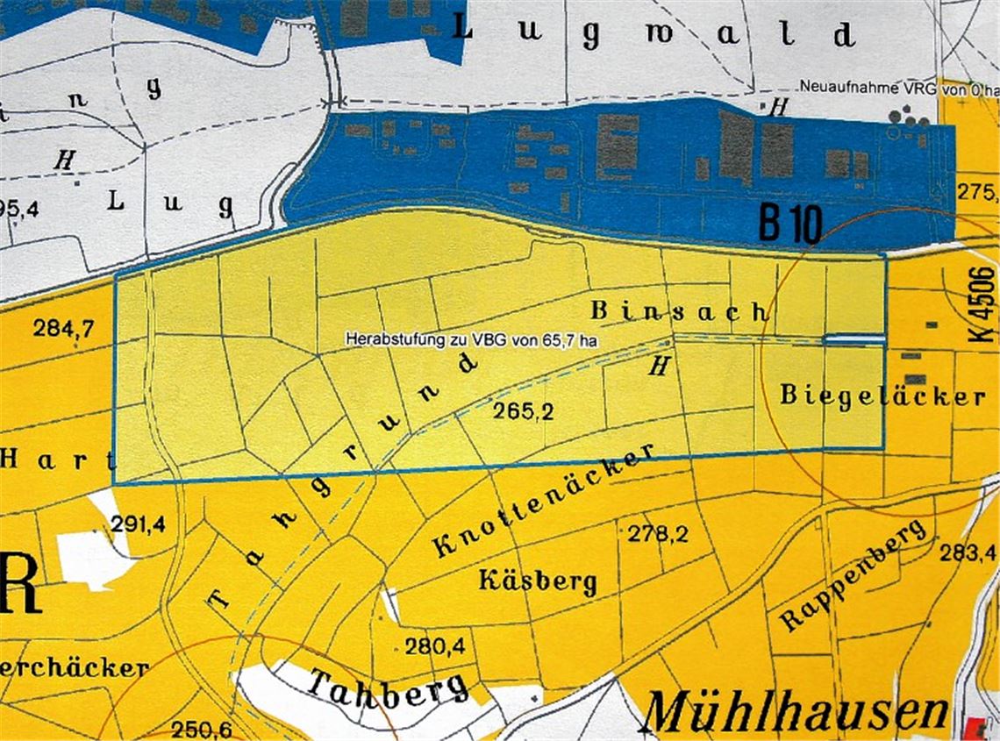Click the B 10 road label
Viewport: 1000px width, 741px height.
789,225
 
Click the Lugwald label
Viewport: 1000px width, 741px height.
654,33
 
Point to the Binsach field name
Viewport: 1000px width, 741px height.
680,310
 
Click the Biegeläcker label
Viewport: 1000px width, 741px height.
882,395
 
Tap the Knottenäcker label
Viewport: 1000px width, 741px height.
544,502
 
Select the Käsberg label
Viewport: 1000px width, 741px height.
538,581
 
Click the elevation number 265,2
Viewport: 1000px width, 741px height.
523,413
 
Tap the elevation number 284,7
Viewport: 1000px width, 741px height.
63,330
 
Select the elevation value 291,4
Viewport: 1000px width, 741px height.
139,525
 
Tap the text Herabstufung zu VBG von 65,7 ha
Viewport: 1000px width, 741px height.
472,338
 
